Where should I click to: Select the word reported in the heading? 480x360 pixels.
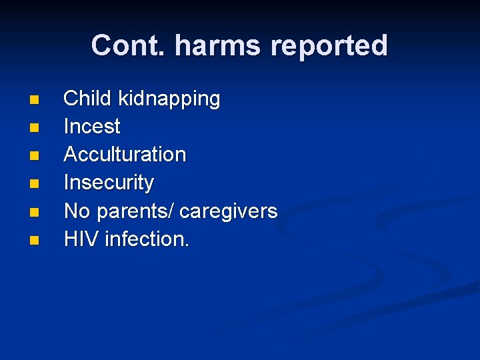point(330,45)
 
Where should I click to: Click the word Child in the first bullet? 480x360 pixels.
point(87,99)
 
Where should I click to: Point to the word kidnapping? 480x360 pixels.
point(169,99)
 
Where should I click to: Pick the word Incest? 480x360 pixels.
point(92,126)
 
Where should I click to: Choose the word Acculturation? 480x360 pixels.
point(125,154)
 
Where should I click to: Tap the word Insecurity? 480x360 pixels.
point(109,182)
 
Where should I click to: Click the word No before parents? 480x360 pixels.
point(77,211)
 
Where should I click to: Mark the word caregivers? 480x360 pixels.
point(229,211)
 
